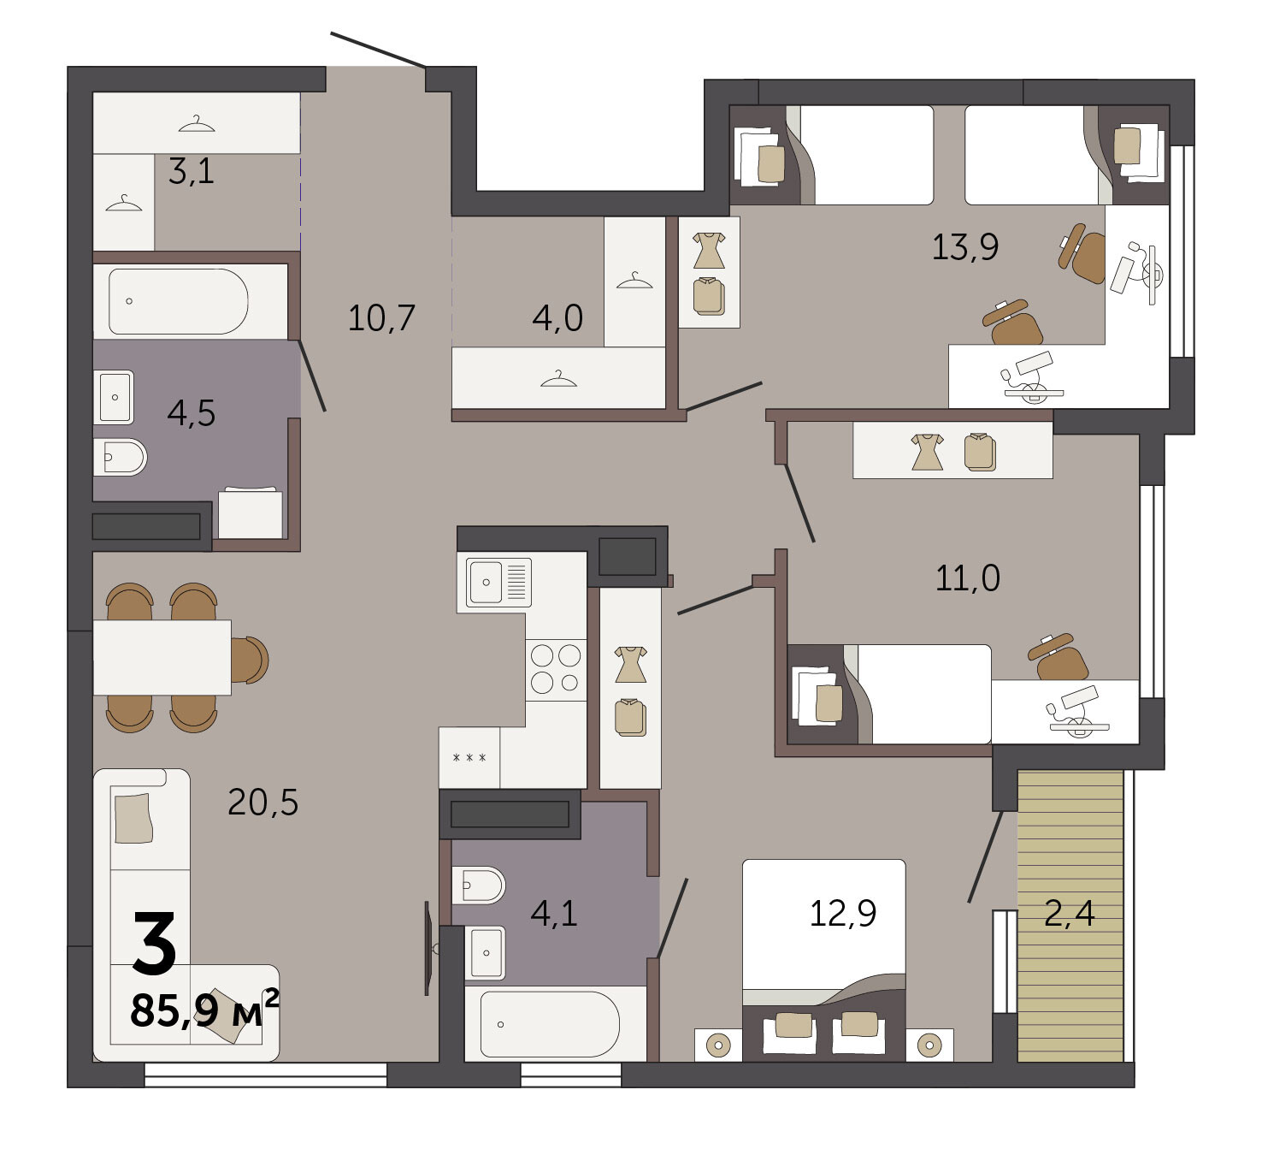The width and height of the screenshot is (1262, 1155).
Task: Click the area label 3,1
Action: click(192, 171)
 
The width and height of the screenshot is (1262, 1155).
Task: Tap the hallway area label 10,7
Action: click(381, 318)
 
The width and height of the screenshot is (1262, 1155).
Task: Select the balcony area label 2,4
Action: click(1070, 913)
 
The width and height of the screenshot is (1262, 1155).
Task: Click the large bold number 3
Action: click(154, 944)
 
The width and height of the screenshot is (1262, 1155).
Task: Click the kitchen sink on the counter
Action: click(498, 583)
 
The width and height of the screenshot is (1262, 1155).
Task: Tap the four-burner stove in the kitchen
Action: click(556, 669)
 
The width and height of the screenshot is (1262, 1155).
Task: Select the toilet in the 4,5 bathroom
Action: click(121, 457)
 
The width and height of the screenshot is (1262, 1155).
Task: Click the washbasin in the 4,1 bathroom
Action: click(485, 953)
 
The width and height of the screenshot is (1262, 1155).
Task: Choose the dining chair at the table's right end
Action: click(250, 660)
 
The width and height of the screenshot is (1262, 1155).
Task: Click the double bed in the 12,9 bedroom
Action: click(824, 961)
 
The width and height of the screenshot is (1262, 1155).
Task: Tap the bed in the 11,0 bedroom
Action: click(889, 694)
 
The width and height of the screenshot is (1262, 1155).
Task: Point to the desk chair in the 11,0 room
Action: click(1059, 657)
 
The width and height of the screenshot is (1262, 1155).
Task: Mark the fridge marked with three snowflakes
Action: click(469, 758)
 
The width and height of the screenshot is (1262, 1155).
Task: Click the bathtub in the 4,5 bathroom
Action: click(179, 302)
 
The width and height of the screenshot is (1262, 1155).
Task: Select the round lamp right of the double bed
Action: click(929, 1045)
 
